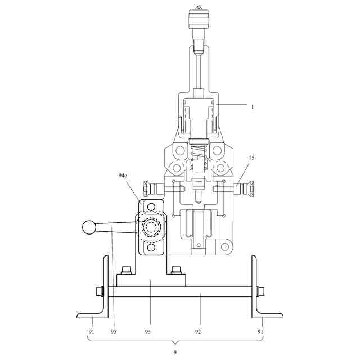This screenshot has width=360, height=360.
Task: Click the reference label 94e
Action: tap(123, 175)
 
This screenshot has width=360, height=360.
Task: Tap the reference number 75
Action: tap(251, 157)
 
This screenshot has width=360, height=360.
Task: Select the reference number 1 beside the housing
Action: tap(253, 107)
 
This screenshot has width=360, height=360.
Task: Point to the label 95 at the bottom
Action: tap(114, 331)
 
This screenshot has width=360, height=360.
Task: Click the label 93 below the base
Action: tap(147, 331)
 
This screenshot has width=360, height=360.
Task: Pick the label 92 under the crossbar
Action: tap(198, 331)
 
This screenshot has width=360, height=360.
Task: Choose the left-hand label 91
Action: tap(91, 331)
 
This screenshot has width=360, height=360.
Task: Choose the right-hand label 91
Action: tap(260, 331)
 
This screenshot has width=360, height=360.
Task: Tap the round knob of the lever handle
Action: tap(89, 227)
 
